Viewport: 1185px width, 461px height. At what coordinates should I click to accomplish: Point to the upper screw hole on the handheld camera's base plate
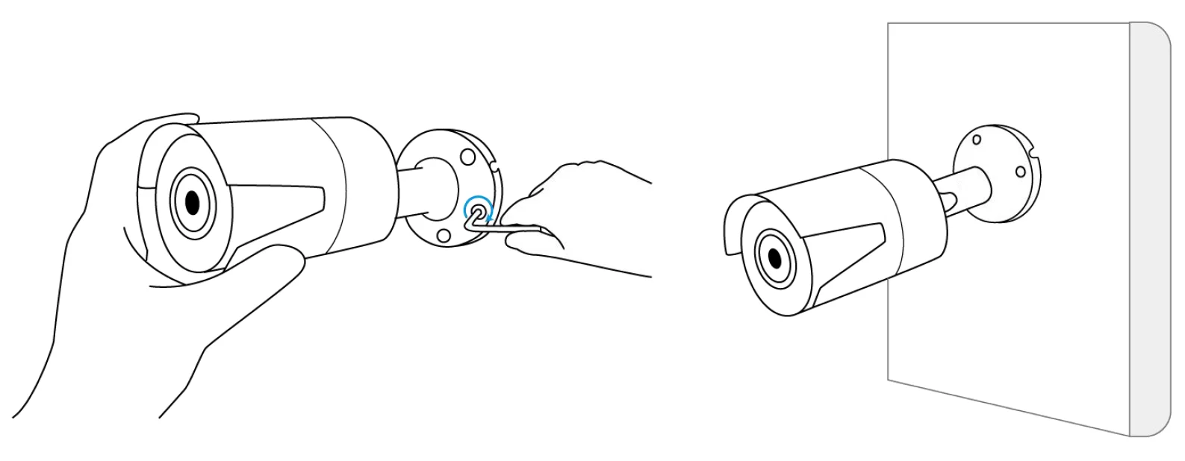pyautogui.click(x=467, y=158)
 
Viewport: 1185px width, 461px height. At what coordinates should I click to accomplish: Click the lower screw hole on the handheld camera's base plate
pyautogui.click(x=443, y=236)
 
